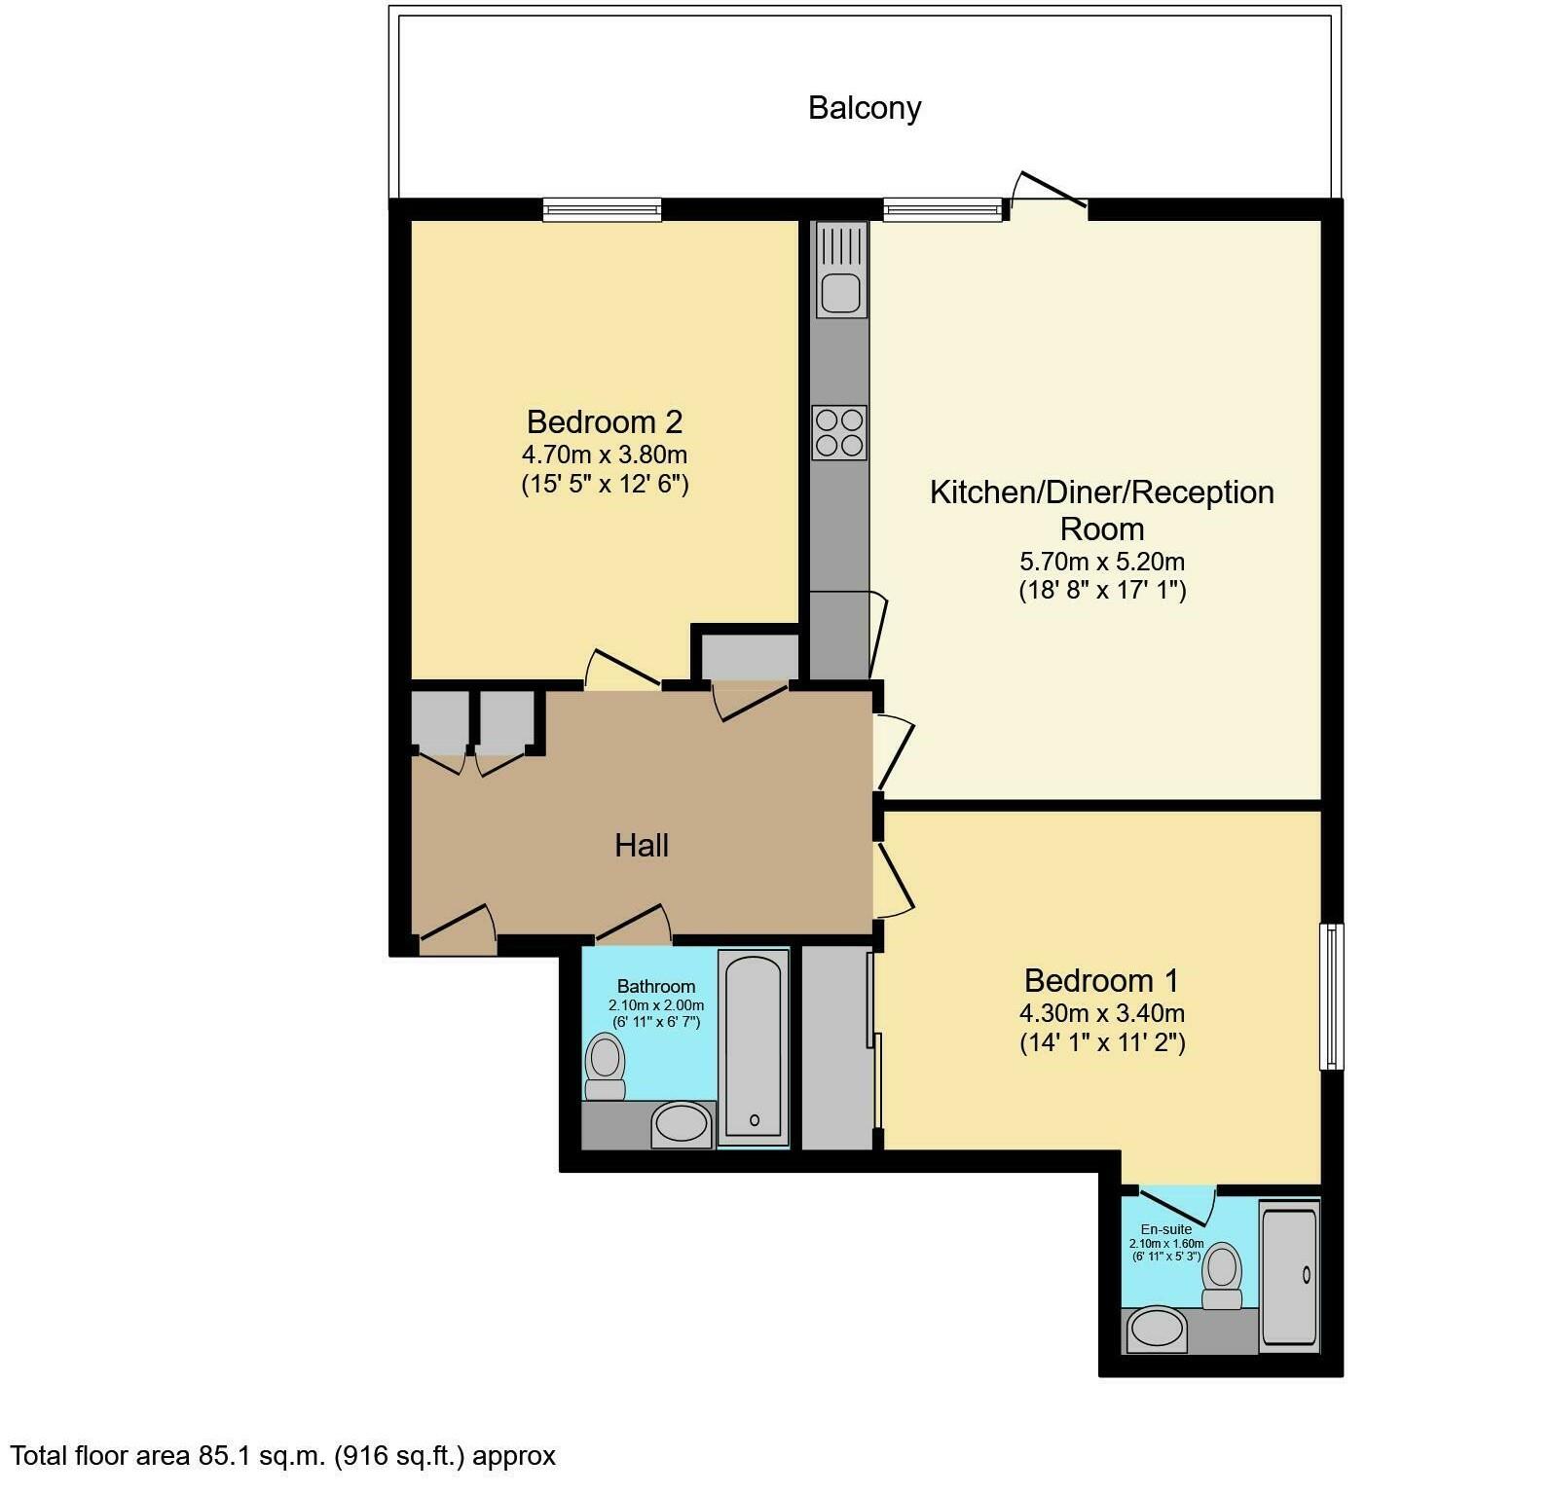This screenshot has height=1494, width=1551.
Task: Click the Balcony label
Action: (865, 107)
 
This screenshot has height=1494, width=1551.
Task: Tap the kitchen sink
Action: (840, 271)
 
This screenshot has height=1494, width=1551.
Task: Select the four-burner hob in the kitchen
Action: (839, 432)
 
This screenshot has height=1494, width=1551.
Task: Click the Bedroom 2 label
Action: (605, 421)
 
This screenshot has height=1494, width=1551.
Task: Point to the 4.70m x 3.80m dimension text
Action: (605, 455)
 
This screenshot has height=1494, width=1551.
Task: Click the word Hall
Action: (642, 845)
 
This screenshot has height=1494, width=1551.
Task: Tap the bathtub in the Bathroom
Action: (754, 1047)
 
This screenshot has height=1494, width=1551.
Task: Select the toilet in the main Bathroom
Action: (606, 1067)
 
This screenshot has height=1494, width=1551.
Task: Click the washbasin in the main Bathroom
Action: (682, 1125)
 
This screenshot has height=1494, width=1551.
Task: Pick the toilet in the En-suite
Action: (1222, 1276)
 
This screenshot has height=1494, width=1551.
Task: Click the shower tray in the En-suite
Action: (1289, 1274)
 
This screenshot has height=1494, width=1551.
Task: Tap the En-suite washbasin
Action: (1156, 1330)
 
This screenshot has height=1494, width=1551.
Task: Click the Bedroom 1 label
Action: (1102, 979)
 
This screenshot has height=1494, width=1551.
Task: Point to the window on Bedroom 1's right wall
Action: (1331, 996)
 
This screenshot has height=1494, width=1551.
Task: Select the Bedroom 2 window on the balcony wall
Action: (603, 209)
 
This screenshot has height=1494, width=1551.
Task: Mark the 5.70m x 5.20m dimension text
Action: (1102, 562)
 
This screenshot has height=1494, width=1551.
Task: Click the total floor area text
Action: (283, 1456)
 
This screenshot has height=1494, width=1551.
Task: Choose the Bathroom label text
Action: (656, 986)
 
